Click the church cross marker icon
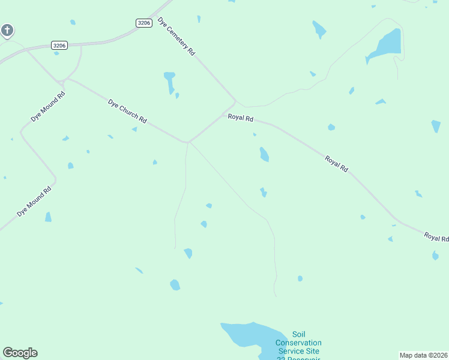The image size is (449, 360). (x=7, y=29)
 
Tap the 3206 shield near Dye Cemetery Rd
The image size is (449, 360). (x=143, y=23)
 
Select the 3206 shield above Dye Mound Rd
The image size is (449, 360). (x=59, y=45)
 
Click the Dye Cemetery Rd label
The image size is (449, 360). (x=177, y=37)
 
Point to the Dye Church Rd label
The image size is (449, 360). (x=127, y=112)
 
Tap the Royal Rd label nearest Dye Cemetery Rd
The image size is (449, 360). (x=240, y=118)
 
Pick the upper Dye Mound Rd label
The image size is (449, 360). (x=48, y=107)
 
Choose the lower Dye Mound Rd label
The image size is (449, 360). (x=35, y=201)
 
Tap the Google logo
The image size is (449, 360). (x=20, y=353)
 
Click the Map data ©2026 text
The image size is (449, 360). (x=423, y=355)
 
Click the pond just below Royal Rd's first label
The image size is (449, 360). (x=264, y=155)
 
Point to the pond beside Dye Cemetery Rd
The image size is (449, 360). (x=170, y=82)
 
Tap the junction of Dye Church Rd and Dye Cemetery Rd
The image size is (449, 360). (x=188, y=142)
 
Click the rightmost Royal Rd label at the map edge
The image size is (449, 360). (x=436, y=237)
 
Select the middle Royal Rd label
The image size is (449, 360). (x=336, y=164)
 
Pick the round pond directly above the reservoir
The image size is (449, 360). (x=175, y=284)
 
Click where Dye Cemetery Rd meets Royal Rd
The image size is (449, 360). (x=235, y=101)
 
